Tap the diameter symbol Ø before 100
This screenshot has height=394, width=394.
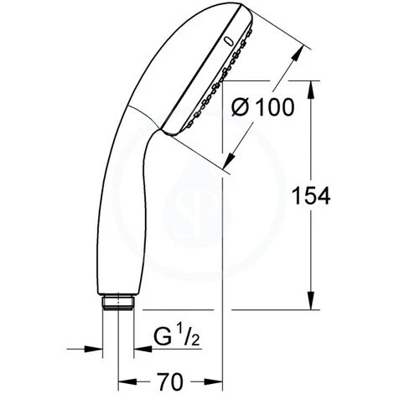241,108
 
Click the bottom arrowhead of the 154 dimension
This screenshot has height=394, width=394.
312,303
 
